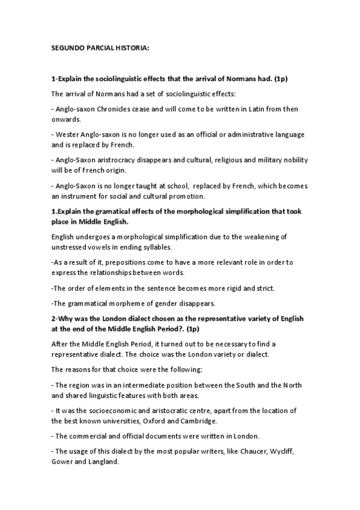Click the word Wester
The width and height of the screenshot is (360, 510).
(69, 133)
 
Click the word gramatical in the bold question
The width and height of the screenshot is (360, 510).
(109, 210)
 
